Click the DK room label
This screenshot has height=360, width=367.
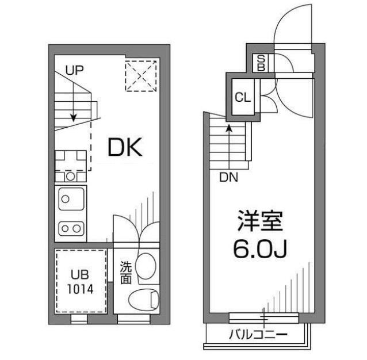point(125,147)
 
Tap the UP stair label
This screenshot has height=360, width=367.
point(74,70)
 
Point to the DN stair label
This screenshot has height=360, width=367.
point(229,178)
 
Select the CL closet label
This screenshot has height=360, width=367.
point(243,97)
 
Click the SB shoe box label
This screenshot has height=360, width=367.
point(261,63)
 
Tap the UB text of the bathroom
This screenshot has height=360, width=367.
point(80,275)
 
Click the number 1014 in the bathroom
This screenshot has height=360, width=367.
point(80,289)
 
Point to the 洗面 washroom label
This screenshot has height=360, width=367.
point(125,272)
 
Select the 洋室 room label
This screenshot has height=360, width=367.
point(260,221)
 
